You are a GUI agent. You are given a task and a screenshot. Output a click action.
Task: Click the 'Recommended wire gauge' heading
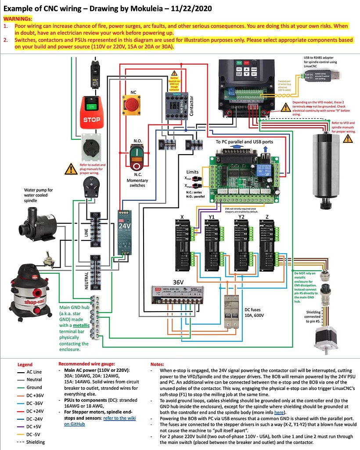(x=87, y=364)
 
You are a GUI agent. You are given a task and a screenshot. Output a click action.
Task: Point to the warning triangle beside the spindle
(x=347, y=138)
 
